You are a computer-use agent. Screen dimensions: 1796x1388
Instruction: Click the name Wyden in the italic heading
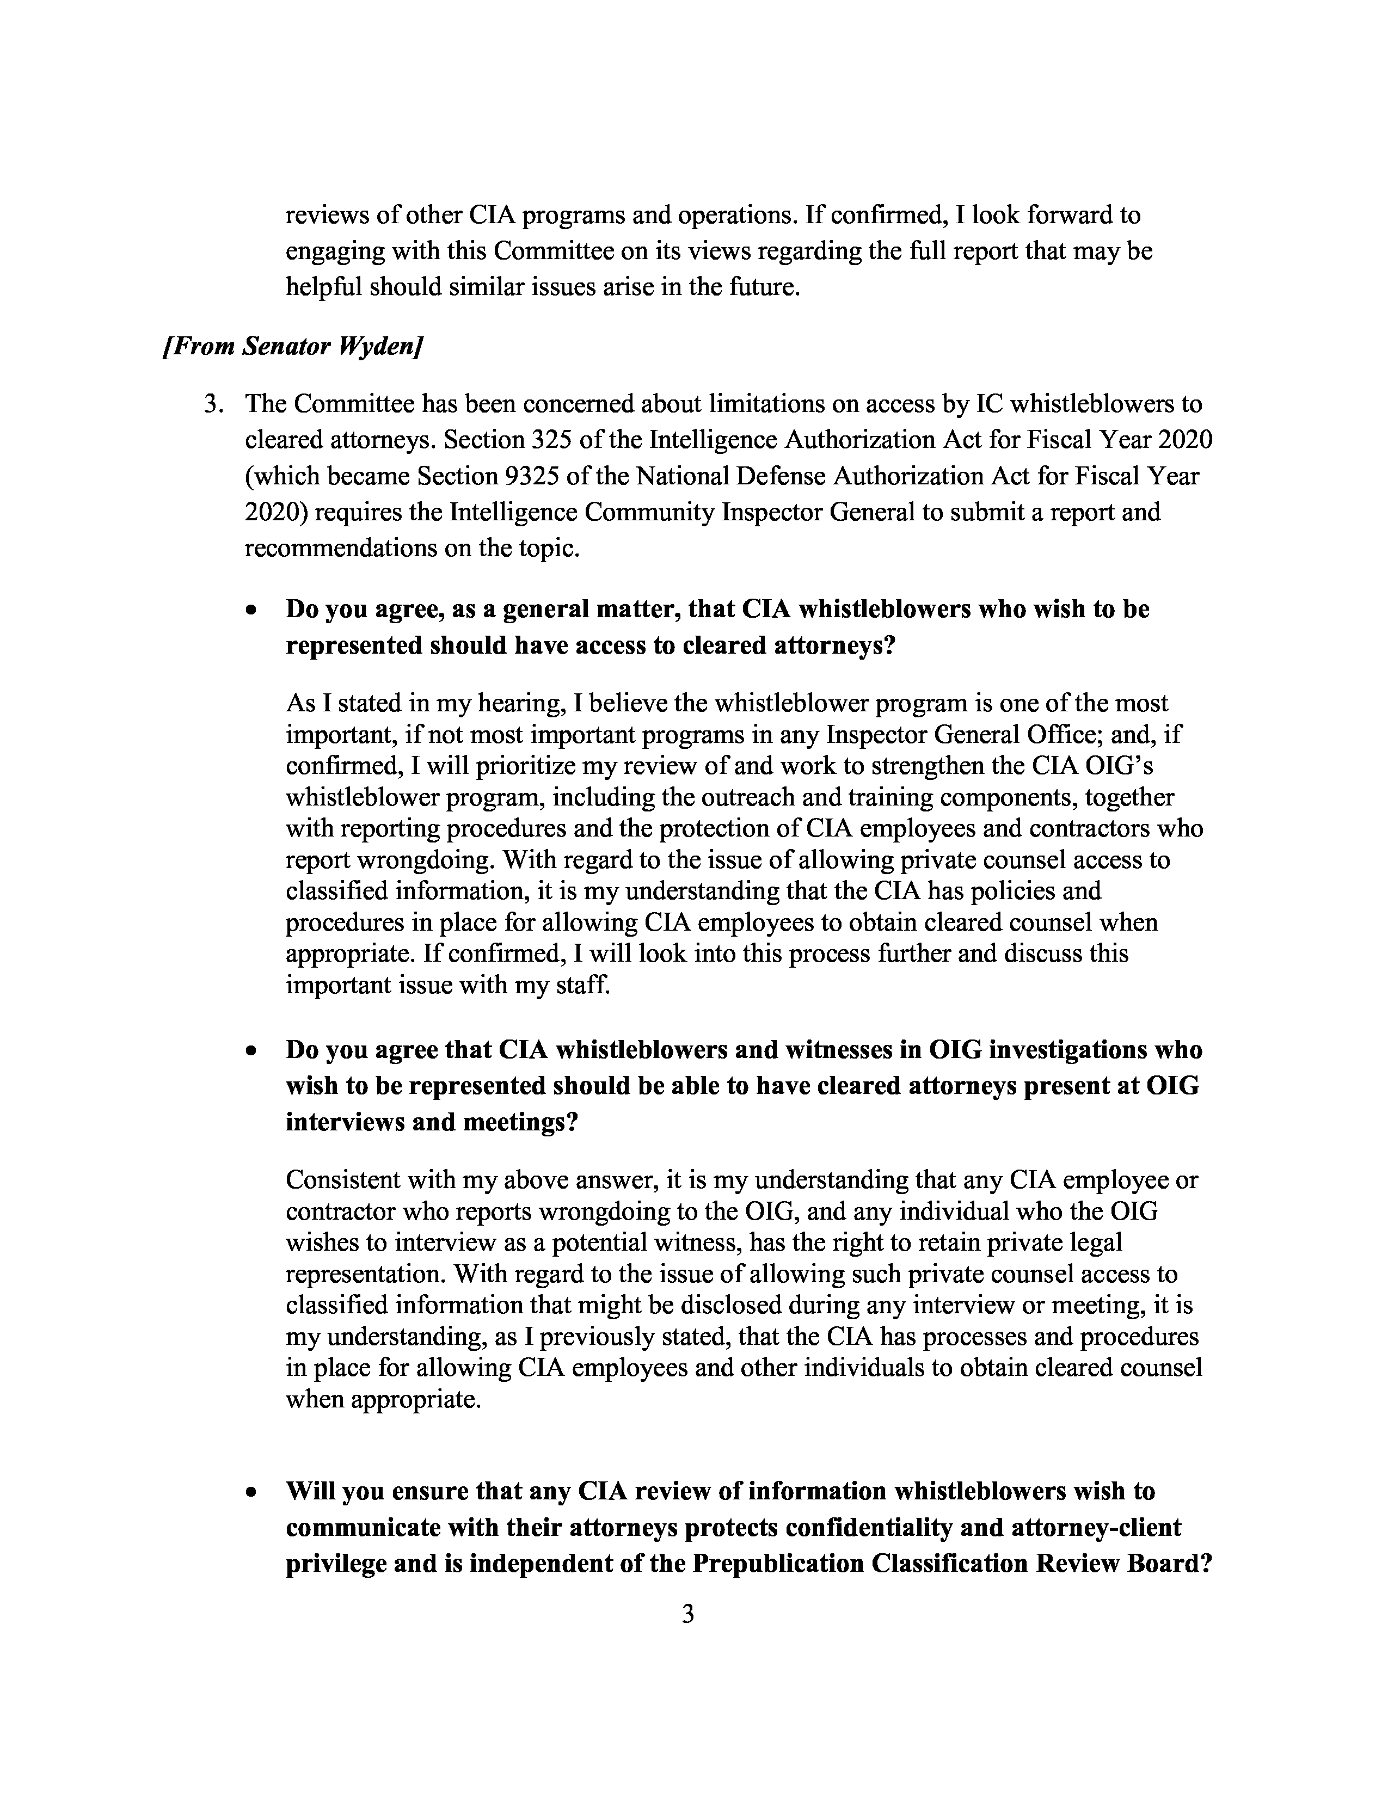click(380, 346)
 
